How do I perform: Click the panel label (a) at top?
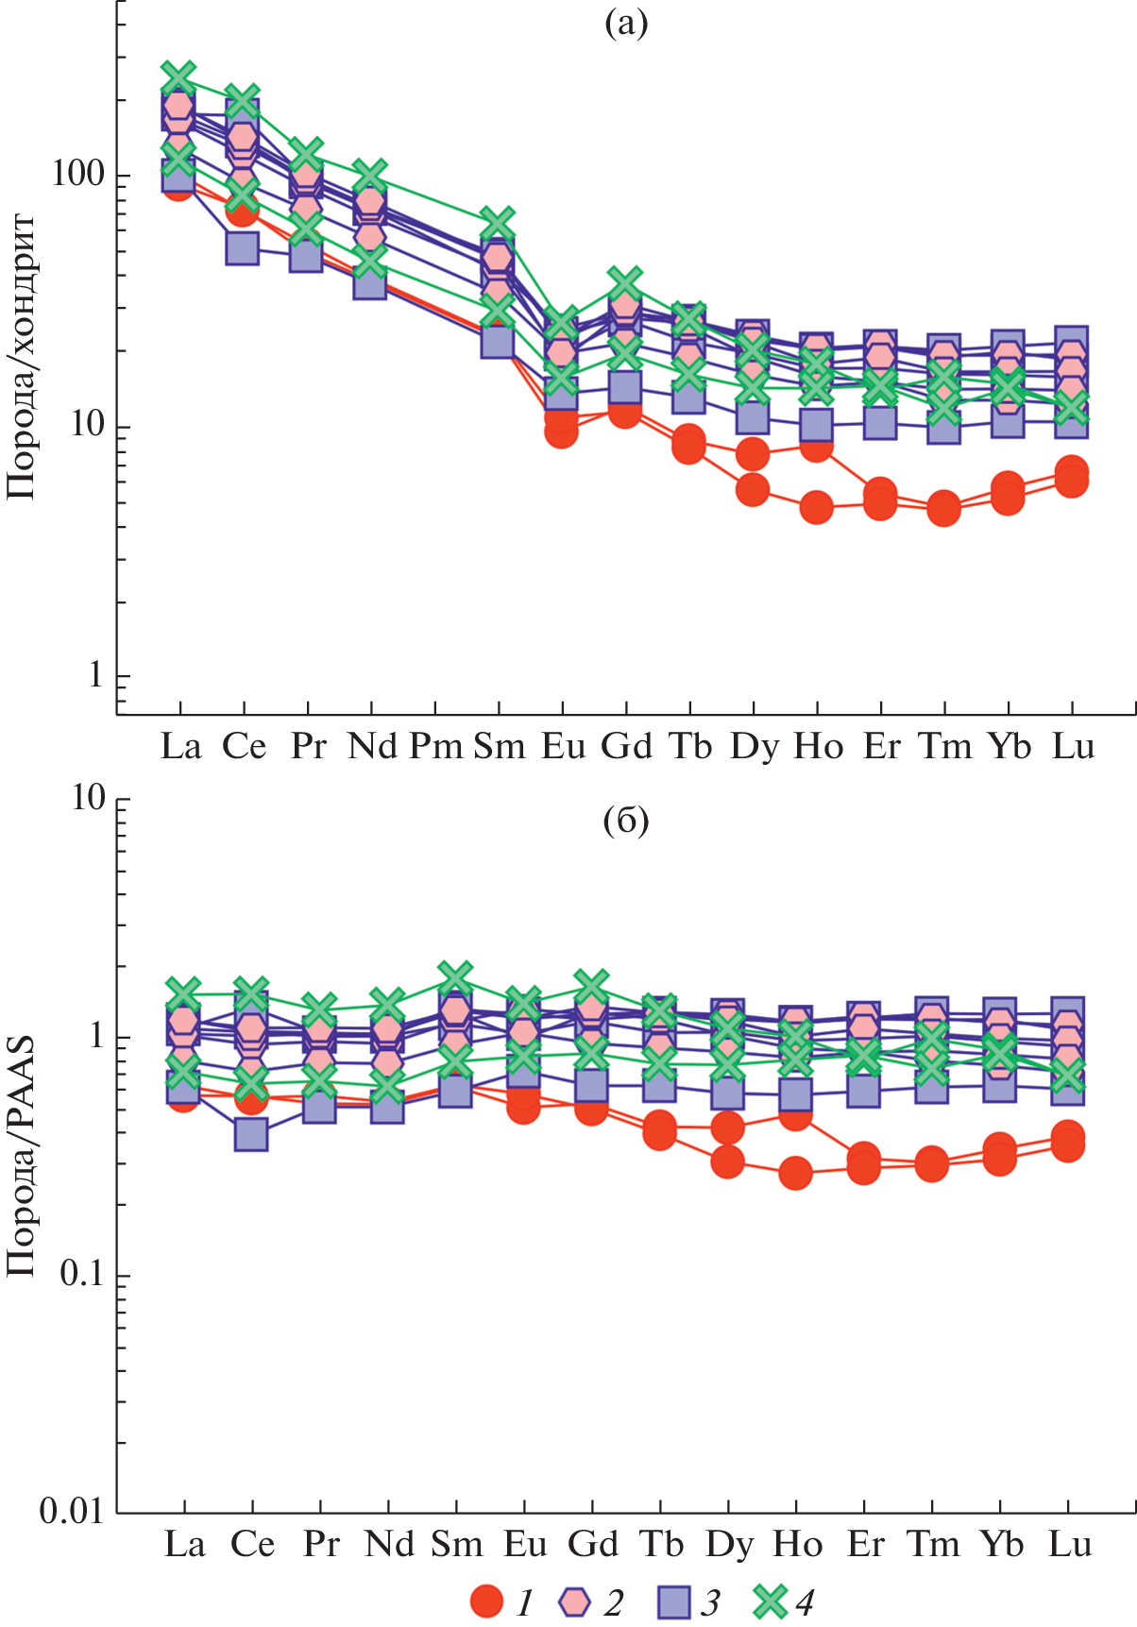(625, 24)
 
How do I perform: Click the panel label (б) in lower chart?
(625, 821)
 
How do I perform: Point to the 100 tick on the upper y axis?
(78, 175)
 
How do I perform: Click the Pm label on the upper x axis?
(435, 746)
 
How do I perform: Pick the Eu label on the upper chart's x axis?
(563, 746)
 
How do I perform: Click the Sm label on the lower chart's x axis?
(457, 1544)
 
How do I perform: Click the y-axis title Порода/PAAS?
(21, 1157)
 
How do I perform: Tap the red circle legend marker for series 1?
(486, 1602)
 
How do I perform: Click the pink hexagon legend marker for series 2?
(574, 1602)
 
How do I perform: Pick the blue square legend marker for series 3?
(672, 1602)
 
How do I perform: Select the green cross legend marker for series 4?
(771, 1602)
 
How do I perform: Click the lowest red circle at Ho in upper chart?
(816, 508)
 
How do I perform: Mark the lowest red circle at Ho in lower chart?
(795, 1174)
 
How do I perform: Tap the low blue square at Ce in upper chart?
(243, 248)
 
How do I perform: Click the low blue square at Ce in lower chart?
(250, 1134)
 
